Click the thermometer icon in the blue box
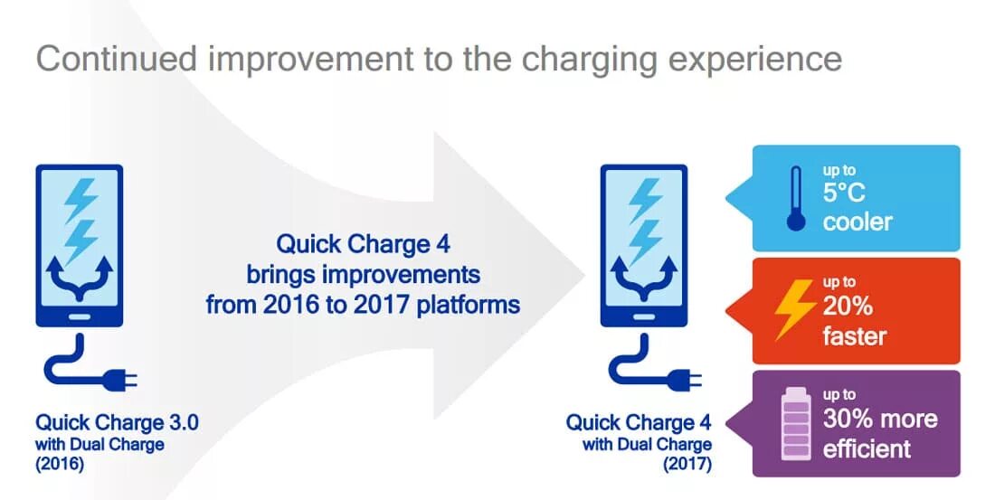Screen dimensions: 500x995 pyautogui.click(x=796, y=198)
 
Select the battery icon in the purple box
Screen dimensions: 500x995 pyautogui.click(x=796, y=422)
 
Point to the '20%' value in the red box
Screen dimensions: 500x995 pyautogui.click(x=848, y=307)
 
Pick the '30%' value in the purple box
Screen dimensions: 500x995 pyautogui.click(x=849, y=419)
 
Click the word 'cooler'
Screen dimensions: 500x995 pyautogui.click(x=857, y=222)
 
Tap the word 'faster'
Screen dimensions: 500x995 pyautogui.click(x=855, y=336)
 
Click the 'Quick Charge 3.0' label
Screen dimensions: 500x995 pyautogui.click(x=117, y=422)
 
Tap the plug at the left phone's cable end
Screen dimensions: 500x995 pyautogui.click(x=119, y=376)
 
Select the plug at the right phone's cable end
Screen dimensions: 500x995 pyautogui.click(x=686, y=376)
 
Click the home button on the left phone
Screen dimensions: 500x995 pyautogui.click(x=79, y=316)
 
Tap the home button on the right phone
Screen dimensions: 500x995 pyautogui.click(x=645, y=316)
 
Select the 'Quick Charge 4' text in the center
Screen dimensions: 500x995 pyautogui.click(x=363, y=244)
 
